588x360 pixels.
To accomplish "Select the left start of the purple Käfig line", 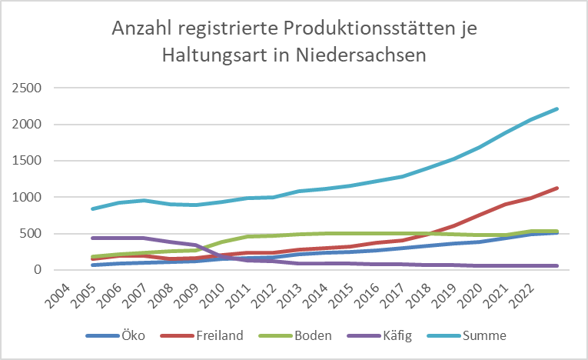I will [x=91, y=238].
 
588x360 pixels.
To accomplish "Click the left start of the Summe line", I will [x=91, y=208].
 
